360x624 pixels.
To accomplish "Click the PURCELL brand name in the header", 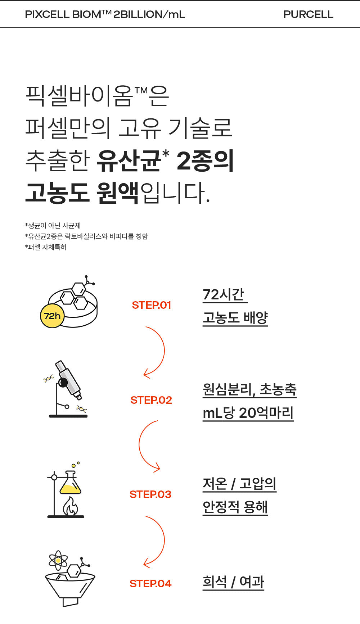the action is point(308,14).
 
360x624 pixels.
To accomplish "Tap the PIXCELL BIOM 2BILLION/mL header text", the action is point(105,14).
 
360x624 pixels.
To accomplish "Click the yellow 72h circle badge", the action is point(52,316).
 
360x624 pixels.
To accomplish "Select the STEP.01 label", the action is point(152,305).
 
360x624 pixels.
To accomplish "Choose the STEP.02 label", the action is point(151,400).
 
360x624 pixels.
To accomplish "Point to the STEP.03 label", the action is point(150,494).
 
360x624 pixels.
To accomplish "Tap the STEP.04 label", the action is point(150,584).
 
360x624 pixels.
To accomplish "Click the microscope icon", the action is point(67,389).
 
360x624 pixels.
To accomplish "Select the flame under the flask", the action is point(71,507).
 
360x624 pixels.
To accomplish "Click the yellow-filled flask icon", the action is point(70,482).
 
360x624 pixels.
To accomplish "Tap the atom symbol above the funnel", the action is point(58,561).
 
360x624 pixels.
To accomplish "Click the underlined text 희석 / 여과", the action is point(233,582).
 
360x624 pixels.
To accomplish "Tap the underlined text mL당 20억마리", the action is point(248,413).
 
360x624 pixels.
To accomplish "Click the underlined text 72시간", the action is point(225,295).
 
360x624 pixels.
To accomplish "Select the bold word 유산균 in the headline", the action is point(129,160).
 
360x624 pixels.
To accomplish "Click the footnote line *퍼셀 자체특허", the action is point(46,247).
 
